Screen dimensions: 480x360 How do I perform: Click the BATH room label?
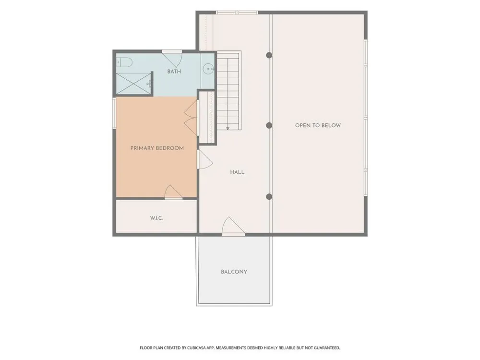click(174, 72)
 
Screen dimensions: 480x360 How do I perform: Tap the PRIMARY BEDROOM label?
click(157, 148)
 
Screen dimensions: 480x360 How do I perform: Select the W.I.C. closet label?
click(156, 218)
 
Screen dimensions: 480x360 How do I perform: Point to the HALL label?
click(237, 172)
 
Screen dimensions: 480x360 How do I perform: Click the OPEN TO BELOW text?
click(318, 125)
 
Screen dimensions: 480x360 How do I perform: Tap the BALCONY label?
click(234, 272)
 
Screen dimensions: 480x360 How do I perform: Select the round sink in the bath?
click(208, 69)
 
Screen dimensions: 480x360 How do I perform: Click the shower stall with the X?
click(134, 83)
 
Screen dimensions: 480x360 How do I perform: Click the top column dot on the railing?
click(269, 55)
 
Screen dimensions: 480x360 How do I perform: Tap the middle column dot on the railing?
click(269, 125)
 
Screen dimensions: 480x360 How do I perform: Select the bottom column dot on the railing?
click(269, 196)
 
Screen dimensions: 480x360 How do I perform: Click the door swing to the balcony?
click(233, 226)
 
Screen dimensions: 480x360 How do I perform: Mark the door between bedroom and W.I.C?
click(174, 192)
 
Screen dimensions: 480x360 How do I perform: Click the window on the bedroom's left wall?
click(114, 112)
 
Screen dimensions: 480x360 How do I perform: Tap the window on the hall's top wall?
click(237, 12)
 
